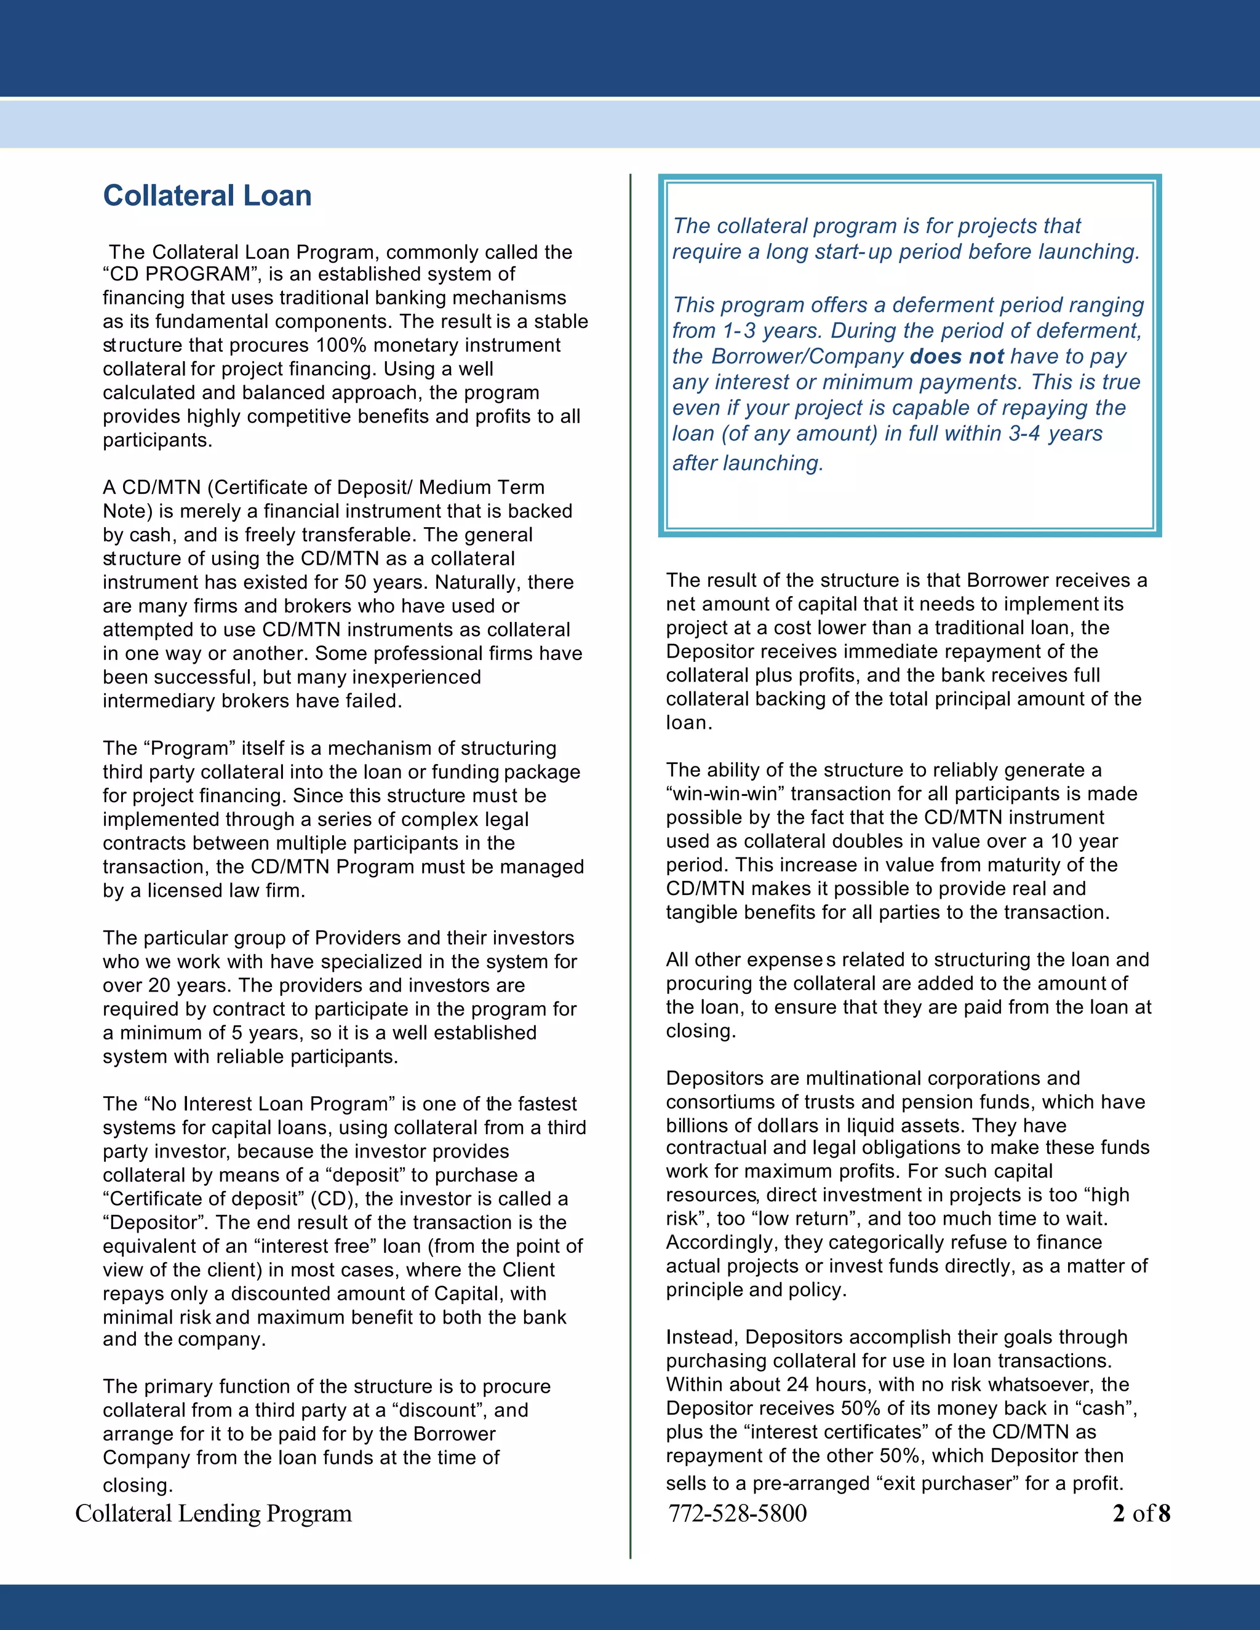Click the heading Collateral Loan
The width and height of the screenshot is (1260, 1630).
[207, 196]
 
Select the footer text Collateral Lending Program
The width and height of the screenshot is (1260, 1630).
[213, 1513]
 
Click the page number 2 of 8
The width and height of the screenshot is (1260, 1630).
[1141, 1513]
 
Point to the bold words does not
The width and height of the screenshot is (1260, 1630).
[956, 356]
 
